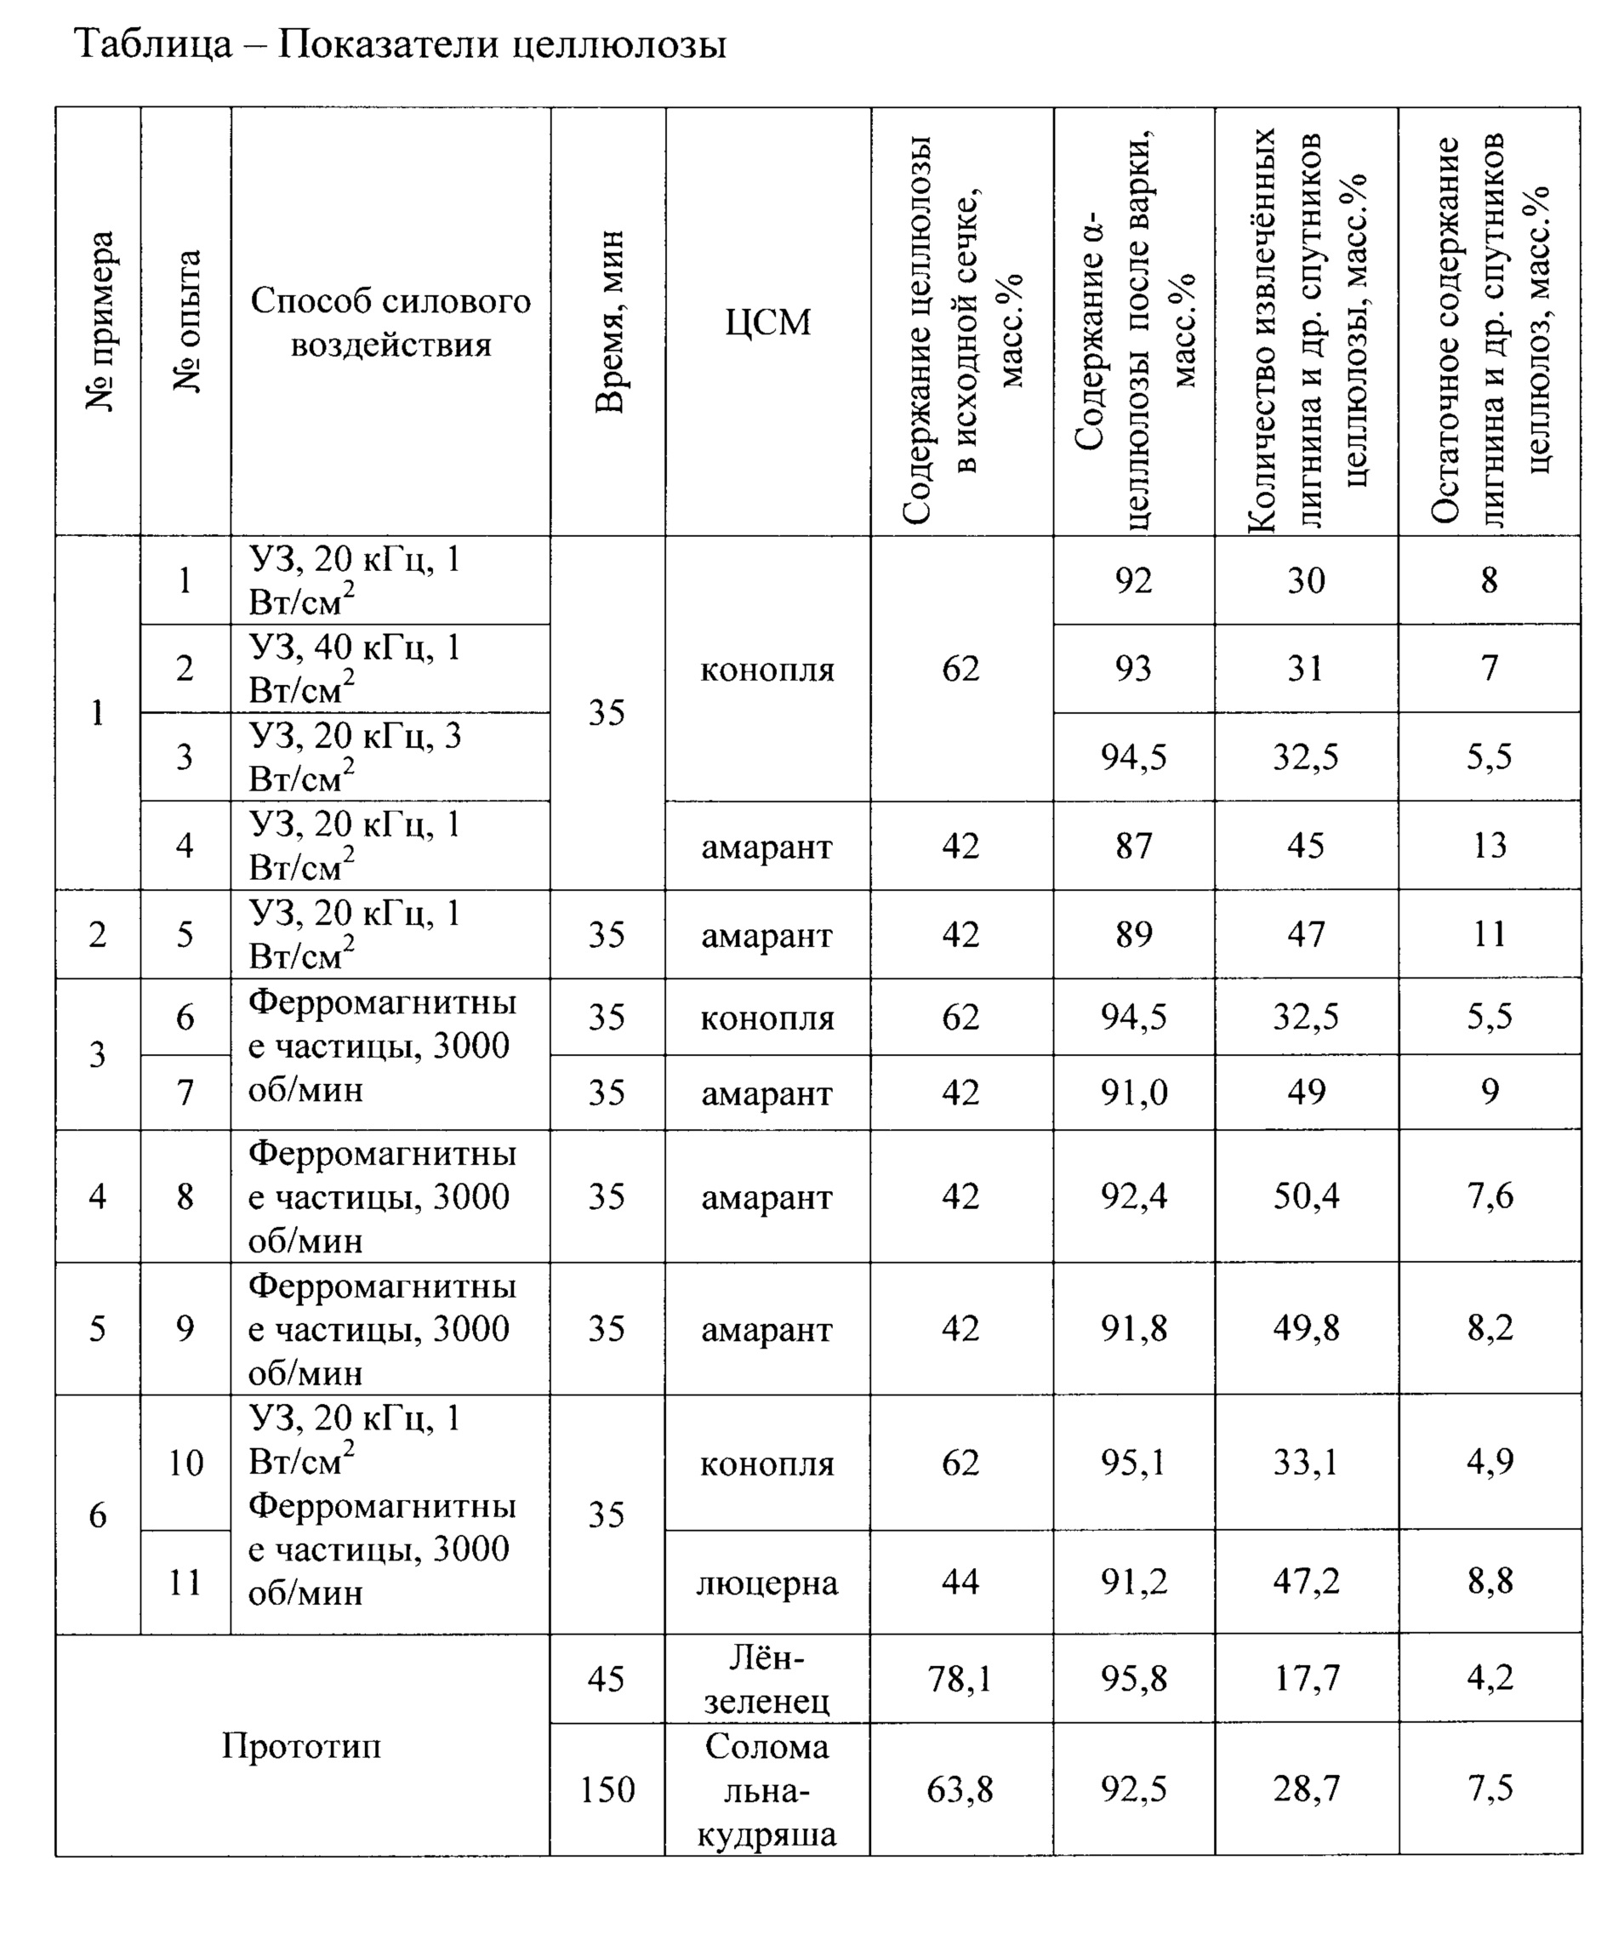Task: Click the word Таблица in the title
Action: [x=153, y=44]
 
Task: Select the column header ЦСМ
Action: [x=767, y=322]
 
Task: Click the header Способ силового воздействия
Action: [x=390, y=322]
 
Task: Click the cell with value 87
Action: [x=1133, y=845]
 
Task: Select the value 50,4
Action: [x=1306, y=1196]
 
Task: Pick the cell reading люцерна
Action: [x=766, y=1583]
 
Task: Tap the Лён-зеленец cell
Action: [x=766, y=1680]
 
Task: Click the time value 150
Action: [x=607, y=1789]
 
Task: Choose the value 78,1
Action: [x=960, y=1679]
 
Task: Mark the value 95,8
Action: [x=1133, y=1679]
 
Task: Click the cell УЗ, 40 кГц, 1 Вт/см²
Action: [x=355, y=668]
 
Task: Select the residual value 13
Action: [x=1489, y=845]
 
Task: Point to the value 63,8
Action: [x=960, y=1789]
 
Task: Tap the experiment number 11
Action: [x=185, y=1583]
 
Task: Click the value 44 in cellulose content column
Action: [x=960, y=1582]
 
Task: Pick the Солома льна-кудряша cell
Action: [x=766, y=1790]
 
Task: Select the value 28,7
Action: [x=1306, y=1789]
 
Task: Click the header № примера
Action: [x=100, y=322]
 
